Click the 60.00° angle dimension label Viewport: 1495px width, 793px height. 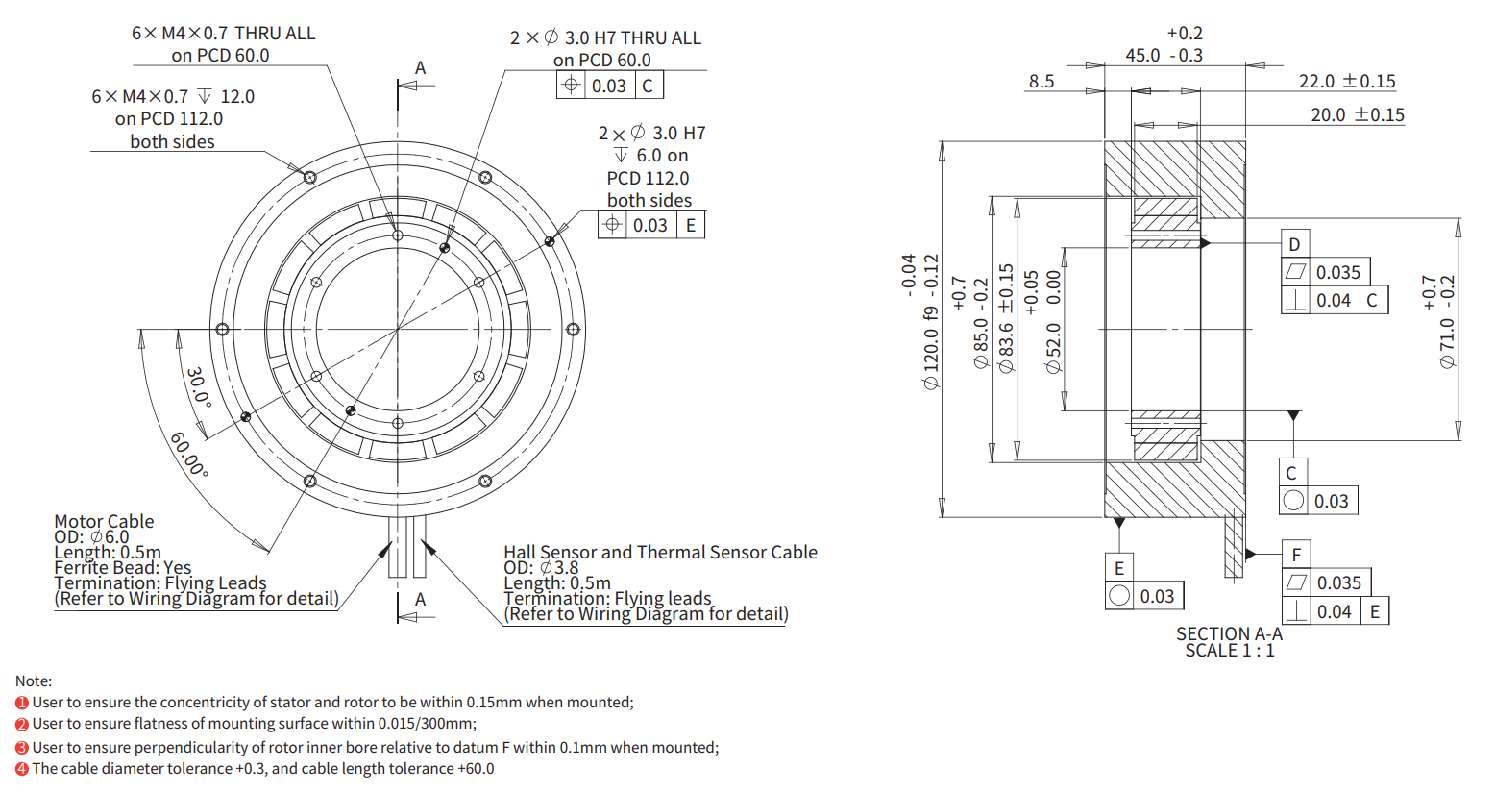pos(189,454)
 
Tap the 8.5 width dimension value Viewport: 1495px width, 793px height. pos(1042,82)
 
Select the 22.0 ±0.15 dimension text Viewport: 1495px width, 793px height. pos(1346,82)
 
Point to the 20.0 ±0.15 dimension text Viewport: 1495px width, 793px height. pos(1357,115)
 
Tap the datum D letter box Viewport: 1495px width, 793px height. pos(1294,244)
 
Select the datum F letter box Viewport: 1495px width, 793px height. pos(1296,555)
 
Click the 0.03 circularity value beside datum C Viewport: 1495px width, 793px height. pos(1331,501)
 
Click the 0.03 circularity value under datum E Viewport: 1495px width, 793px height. pos(1157,596)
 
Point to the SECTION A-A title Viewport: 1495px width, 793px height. pos(1229,633)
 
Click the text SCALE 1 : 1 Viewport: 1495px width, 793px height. pos(1229,651)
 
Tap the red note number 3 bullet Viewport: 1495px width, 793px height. pos(22,748)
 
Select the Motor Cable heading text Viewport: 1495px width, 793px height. pos(104,521)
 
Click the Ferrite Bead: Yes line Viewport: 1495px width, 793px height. pos(123,567)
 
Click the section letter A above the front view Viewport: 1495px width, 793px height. pos(420,68)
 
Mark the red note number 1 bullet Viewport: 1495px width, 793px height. pos(22,703)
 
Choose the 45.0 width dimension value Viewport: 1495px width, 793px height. pos(1142,56)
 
